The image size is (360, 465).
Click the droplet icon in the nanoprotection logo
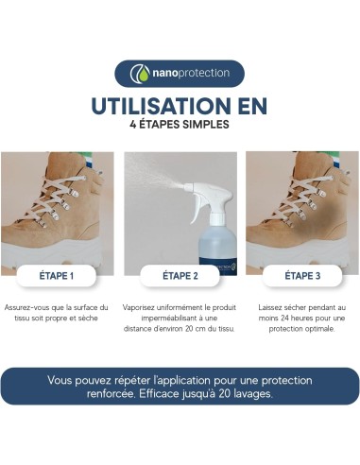pyautogui.click(x=140, y=74)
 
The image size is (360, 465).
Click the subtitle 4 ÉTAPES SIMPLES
pyautogui.click(x=180, y=123)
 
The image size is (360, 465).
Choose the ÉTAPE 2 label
pyautogui.click(x=180, y=277)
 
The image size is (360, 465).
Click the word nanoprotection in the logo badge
pyautogui.click(x=187, y=74)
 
